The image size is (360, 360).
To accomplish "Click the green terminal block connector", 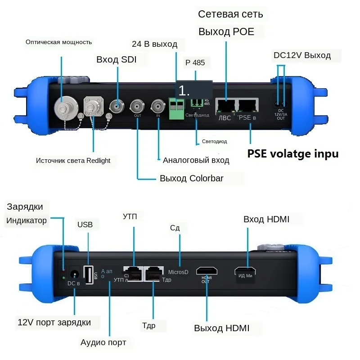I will (177, 108).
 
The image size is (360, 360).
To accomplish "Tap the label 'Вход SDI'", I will (116, 59).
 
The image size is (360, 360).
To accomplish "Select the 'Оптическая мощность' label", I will (58, 42).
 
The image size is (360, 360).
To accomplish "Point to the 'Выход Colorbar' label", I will (191, 178).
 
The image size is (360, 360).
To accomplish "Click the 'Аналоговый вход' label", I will (196, 160).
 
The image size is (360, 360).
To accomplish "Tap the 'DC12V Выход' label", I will (302, 55).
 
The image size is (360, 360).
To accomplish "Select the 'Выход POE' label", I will (226, 32).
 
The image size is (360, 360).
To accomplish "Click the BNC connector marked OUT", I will (137, 107).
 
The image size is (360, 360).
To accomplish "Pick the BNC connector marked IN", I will (158, 107).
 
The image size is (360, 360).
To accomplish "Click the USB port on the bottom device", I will (89, 274).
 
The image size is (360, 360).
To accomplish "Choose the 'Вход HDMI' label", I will (266, 219).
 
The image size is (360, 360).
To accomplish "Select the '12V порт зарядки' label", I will (54, 322).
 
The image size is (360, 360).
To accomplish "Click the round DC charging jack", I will (74, 273).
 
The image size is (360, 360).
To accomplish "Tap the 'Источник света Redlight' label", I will (73, 160).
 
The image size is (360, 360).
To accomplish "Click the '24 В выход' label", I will (154, 44).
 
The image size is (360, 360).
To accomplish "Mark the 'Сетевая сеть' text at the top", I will (230, 14).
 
